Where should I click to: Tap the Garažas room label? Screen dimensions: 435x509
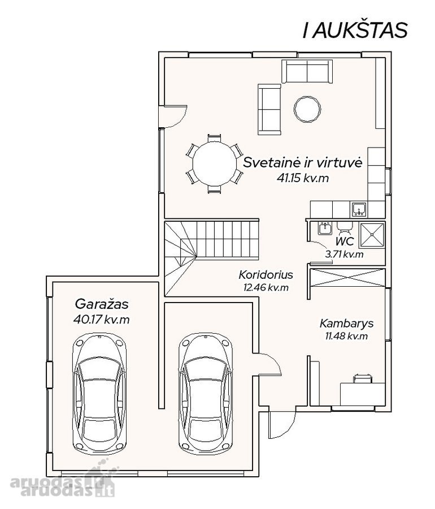click(102, 304)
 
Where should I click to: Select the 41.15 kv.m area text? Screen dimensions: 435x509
click(303, 178)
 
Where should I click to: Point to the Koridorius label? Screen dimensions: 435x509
click(266, 275)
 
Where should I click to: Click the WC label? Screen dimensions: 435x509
click(345, 241)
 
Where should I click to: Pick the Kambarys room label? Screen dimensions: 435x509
click(346, 323)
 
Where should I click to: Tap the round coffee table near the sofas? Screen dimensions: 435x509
click(307, 109)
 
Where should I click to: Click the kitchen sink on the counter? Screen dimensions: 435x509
click(359, 209)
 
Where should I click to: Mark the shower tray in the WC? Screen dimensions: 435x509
click(372, 235)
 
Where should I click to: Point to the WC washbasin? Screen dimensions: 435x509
click(324, 228)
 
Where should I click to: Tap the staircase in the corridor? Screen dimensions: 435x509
click(212, 258)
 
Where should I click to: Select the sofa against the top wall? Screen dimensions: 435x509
click(307, 71)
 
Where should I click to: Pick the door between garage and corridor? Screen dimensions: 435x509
click(270, 364)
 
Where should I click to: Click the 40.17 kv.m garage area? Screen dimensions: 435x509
click(102, 320)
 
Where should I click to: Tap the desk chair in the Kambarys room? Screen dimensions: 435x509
click(363, 378)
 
